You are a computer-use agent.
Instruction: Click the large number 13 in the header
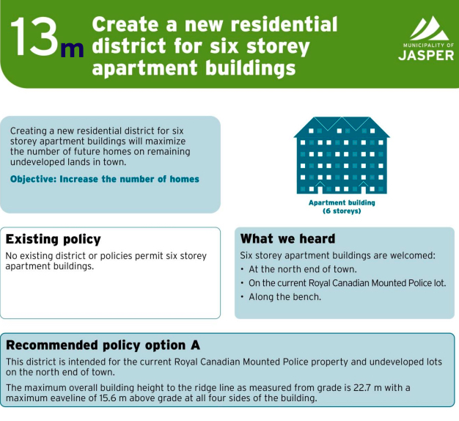pos(34,37)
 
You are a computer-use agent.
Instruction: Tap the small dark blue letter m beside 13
pos(72,50)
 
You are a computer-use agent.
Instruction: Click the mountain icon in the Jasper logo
pos(429,28)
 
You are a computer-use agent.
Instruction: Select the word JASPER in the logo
pos(426,55)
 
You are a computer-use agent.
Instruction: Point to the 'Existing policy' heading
pos(54,240)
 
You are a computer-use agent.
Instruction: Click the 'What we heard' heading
pos(287,238)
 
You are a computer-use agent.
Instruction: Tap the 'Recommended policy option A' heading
pos(103,345)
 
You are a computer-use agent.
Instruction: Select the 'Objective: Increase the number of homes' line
pos(105,179)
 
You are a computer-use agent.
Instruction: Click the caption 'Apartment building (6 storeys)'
pos(342,207)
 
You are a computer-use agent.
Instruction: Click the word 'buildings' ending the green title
pos(250,68)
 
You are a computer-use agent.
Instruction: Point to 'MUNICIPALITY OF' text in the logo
pos(428,45)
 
